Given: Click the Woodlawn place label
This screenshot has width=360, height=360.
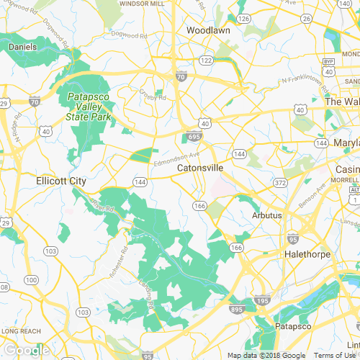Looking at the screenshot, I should pos(207,31).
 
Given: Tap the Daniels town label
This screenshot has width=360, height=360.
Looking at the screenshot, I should pos(22,47).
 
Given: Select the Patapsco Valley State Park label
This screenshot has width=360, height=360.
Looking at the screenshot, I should pos(90,107).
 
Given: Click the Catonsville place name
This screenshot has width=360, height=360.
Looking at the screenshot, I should pos(200,168).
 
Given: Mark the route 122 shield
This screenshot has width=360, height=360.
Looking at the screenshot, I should pos(207,60).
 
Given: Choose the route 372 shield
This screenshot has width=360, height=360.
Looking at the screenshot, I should pos(280,184).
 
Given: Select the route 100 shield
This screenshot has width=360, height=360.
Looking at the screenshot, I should pos(30,279).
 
